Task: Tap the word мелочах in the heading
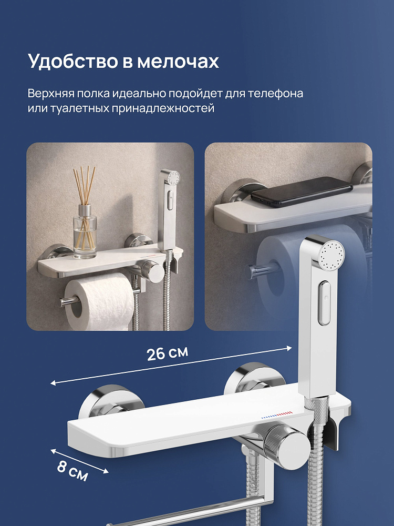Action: click(x=178, y=62)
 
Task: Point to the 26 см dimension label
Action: click(x=168, y=353)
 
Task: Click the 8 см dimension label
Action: click(x=72, y=470)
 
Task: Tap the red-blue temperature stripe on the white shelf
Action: click(x=277, y=414)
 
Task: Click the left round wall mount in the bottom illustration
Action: click(x=111, y=402)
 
